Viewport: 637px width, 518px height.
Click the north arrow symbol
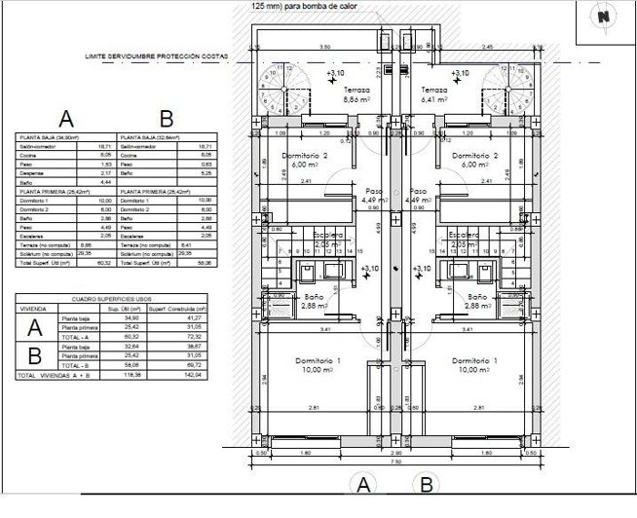604,17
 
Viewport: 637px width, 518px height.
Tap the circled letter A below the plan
363,484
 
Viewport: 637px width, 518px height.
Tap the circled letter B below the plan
425,484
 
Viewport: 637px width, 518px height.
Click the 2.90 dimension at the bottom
395,453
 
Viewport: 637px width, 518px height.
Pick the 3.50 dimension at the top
326,47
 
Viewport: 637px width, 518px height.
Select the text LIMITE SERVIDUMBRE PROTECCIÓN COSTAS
156,57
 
